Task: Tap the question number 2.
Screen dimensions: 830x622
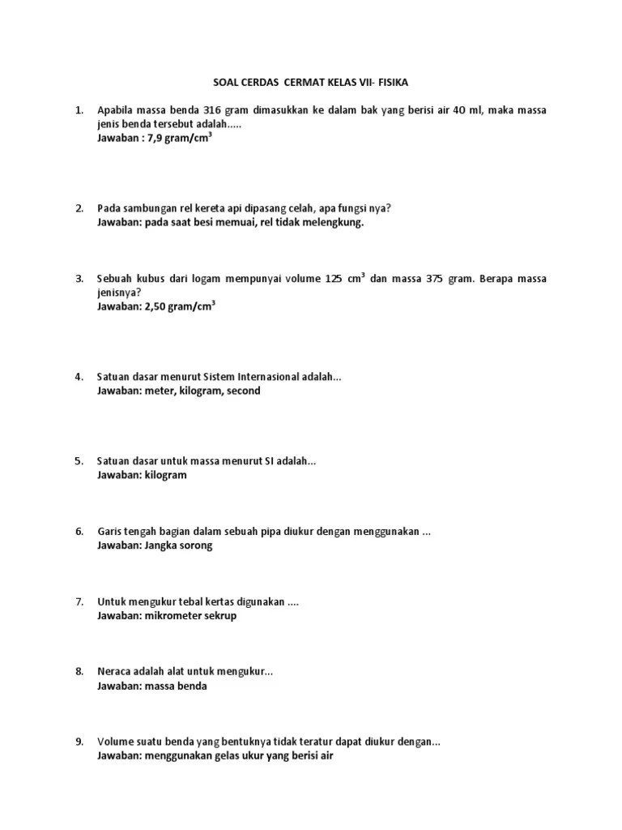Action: pyautogui.click(x=79, y=208)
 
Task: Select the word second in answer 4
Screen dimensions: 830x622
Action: pyautogui.click(x=243, y=391)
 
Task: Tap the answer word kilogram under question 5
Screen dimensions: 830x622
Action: pyautogui.click(x=165, y=475)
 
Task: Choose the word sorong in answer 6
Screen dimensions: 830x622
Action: pyautogui.click(x=195, y=545)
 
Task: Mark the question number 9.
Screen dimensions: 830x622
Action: pyautogui.click(x=79, y=742)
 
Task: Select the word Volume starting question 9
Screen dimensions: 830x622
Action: pyautogui.click(x=116, y=742)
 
